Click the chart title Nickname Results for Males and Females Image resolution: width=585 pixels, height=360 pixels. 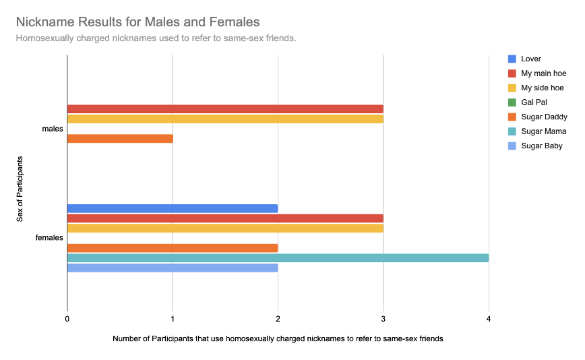coord(137,23)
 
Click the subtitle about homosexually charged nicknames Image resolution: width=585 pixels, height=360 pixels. coord(156,38)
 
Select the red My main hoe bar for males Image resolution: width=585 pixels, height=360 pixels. coord(225,109)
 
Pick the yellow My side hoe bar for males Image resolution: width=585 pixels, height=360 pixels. coord(225,119)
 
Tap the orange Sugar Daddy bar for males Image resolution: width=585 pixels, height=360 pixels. coord(120,139)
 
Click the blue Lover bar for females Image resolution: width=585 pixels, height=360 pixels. coord(173,208)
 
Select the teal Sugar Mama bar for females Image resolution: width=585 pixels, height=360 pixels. coord(278,258)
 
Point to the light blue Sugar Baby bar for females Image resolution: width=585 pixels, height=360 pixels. coord(173,268)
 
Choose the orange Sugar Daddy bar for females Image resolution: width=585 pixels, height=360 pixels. coord(173,248)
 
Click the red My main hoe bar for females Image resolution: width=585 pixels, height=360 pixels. coord(225,218)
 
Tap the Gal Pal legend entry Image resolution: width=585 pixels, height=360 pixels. coord(534,102)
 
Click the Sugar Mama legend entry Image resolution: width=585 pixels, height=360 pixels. coord(543,131)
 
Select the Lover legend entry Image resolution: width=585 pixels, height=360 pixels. coord(531,59)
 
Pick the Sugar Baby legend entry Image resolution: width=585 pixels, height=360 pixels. coord(542,146)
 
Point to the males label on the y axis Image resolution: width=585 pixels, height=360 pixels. coord(52,129)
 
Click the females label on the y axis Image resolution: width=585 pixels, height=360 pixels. coord(49,237)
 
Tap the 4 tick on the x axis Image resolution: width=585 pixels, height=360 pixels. coord(489,319)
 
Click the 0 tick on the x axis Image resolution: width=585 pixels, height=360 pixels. coord(67,319)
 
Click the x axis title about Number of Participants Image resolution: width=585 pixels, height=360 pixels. coord(278,338)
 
